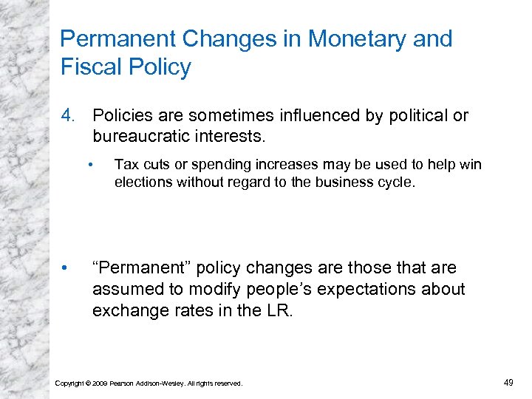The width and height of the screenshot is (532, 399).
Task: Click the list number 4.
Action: coord(67,116)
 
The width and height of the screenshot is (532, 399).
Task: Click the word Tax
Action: coord(125,165)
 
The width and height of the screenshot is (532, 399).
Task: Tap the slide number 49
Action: coord(508,382)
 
